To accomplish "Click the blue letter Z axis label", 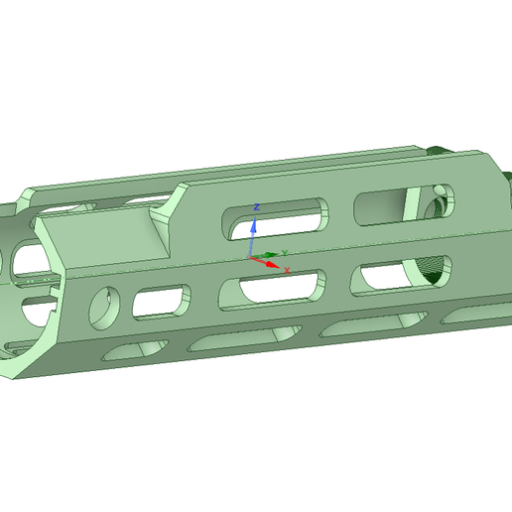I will [257, 206].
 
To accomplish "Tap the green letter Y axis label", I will [286, 253].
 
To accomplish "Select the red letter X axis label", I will [287, 270].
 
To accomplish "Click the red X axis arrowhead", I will [274, 264].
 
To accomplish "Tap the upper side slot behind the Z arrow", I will [279, 217].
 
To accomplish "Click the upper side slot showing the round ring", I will [401, 203].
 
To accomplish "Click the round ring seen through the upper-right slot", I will [437, 202].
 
